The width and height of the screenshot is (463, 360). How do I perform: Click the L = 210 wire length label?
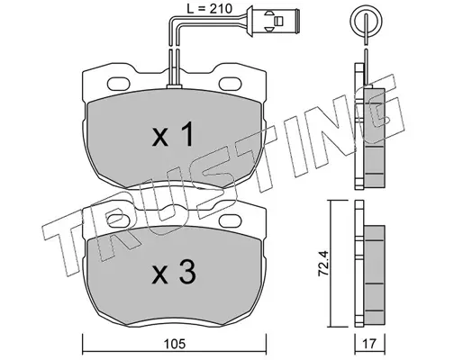(210, 9)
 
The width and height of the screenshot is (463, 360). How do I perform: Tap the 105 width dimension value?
(175, 344)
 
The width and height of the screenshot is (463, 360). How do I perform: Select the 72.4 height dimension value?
(323, 263)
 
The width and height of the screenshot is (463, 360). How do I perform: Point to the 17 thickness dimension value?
(369, 344)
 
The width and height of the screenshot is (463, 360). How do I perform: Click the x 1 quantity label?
(172, 136)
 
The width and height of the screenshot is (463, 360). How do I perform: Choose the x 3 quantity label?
(174, 272)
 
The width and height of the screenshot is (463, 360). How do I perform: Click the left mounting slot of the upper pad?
(119, 84)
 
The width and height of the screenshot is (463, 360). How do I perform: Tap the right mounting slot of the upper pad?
(231, 84)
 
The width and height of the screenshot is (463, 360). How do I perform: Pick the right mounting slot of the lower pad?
(231, 220)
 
